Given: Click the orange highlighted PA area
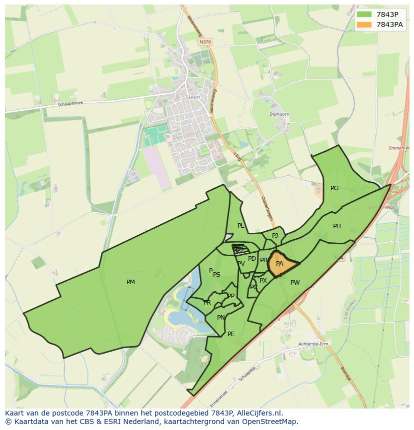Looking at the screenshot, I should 281,264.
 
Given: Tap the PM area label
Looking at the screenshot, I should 130,282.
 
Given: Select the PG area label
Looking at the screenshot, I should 334,188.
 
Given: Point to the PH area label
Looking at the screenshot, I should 337,226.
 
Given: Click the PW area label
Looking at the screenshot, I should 295,283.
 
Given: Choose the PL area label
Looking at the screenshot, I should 241,226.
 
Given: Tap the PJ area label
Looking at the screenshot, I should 275,236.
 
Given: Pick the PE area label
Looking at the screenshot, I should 231,334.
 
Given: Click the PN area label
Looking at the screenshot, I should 221,318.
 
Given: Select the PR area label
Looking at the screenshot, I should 207,303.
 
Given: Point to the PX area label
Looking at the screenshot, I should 263,281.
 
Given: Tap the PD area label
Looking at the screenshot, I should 252,259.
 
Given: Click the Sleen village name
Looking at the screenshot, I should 192,97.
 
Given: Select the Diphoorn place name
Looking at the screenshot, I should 279,114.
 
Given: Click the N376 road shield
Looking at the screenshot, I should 205,42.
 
